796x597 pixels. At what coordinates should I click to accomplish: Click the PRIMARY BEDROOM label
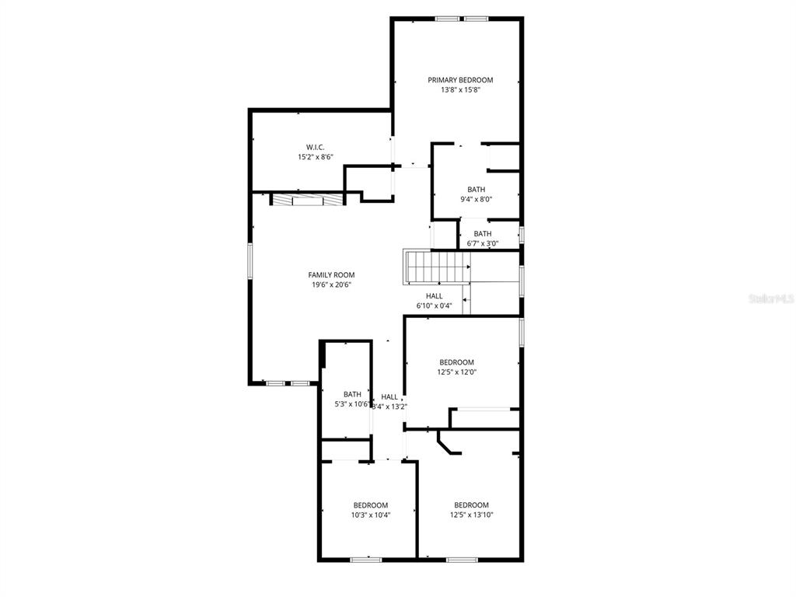(460, 80)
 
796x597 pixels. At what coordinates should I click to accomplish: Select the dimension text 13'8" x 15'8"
(460, 90)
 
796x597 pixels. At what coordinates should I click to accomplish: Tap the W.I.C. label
(315, 147)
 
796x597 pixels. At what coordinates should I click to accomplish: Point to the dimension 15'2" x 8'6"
(315, 157)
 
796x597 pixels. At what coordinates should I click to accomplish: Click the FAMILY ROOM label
(331, 275)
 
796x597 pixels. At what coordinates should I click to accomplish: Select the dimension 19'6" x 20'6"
(331, 285)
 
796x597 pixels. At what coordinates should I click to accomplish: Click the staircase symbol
(436, 267)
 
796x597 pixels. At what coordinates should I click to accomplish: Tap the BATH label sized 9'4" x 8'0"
(476, 190)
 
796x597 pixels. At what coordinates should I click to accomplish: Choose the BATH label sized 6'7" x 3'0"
(483, 234)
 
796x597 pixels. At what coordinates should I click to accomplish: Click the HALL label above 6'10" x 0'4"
(434, 296)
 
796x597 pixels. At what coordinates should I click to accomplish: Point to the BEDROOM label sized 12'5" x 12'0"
(456, 362)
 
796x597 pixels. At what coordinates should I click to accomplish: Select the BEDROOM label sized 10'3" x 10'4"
(371, 505)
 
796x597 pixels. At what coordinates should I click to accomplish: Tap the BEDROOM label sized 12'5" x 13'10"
(471, 504)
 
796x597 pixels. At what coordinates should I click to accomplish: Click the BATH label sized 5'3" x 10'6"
(352, 394)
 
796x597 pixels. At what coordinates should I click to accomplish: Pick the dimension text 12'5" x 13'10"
(471, 515)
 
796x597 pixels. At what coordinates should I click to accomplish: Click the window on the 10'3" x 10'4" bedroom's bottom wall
(365, 559)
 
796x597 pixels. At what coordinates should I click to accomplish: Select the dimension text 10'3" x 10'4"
(371, 515)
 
